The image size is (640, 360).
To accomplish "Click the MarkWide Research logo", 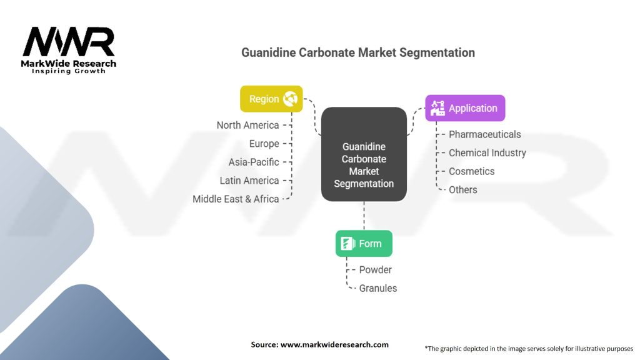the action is pos(69,50).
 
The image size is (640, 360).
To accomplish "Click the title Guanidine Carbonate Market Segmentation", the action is pos(358,52).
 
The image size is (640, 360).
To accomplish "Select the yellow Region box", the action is pos(271,99).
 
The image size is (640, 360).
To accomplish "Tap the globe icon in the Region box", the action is pos(290,99).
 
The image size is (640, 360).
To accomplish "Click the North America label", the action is pos(247,125).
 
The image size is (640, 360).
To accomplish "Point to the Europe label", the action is pos(264,144).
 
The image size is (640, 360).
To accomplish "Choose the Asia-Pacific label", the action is pos(254,162).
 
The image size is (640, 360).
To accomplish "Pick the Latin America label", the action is pos(249,181).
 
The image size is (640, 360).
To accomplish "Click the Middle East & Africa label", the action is pos(236,199).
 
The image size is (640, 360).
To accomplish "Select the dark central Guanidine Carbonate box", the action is pos(364,154).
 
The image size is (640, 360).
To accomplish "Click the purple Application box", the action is pos(465,108).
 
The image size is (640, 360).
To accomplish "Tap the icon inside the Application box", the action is pos(437,108).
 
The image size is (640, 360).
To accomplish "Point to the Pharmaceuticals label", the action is pos(484,134).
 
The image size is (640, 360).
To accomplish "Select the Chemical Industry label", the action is pos(487,152).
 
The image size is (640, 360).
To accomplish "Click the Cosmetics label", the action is pos(471,171).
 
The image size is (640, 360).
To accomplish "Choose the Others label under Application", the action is pos(462,189).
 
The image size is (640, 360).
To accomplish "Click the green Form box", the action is pos(364,244).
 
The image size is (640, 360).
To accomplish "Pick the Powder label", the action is pos(375,269).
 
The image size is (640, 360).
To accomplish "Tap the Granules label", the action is pos(377,288).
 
